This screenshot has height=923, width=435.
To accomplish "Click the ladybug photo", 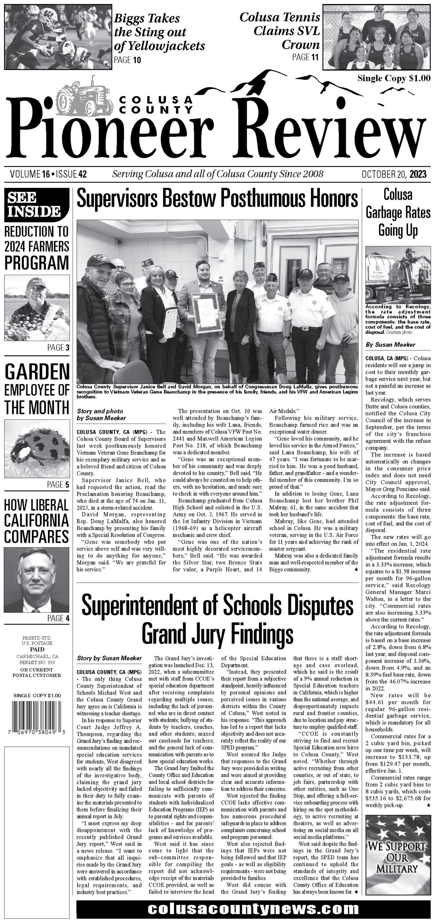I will (37, 449).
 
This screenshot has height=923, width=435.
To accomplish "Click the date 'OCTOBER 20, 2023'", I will (394, 175).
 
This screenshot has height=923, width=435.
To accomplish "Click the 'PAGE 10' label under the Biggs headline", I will (127, 60).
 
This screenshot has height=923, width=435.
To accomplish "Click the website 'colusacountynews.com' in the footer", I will (253, 907).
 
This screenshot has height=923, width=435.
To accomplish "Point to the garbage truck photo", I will (398, 276).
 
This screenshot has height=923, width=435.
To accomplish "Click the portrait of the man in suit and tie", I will (37, 580).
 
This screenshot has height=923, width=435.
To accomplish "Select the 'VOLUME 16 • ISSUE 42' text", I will (48, 175).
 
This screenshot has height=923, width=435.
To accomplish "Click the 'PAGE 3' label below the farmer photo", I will (58, 348).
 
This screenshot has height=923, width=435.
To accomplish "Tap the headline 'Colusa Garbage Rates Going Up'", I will (398, 213).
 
